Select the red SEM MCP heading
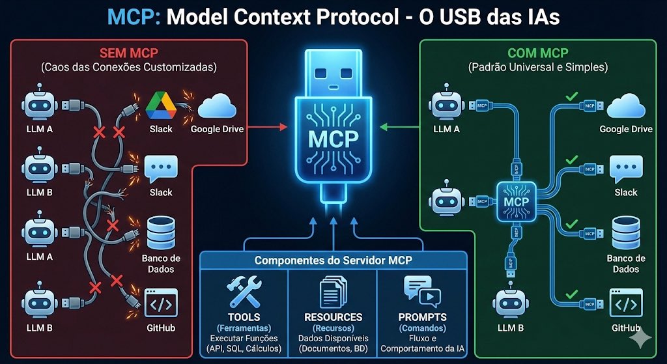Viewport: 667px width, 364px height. pos(128,53)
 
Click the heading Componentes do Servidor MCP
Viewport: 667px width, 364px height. pos(333,260)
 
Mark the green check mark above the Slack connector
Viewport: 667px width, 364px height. pos(571,159)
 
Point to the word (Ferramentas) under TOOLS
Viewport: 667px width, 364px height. pos(244,328)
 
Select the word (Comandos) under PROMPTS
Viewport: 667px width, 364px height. pos(421,328)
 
